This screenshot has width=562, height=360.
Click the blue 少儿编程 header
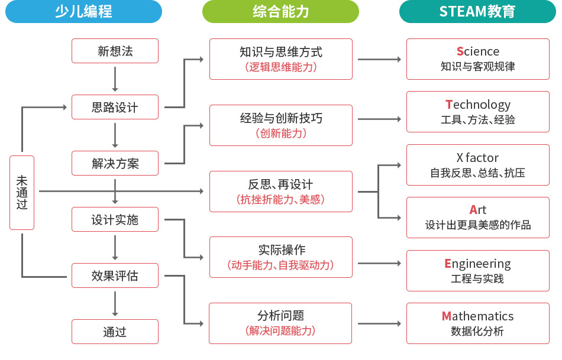pyautogui.click(x=83, y=11)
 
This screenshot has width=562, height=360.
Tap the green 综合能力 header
pyautogui.click(x=280, y=11)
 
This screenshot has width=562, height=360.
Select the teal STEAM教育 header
pyautogui.click(x=477, y=11)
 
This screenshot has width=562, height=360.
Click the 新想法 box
pyautogui.click(x=115, y=51)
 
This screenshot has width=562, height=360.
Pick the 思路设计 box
pyautogui.click(x=115, y=107)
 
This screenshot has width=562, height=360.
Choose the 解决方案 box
pyautogui.click(x=115, y=163)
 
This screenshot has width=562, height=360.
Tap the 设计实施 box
pyautogui.click(x=115, y=219)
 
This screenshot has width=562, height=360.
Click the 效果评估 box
pyautogui.click(x=115, y=275)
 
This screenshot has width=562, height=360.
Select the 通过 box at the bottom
pyautogui.click(x=115, y=332)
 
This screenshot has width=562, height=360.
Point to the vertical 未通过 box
pyautogui.click(x=22, y=192)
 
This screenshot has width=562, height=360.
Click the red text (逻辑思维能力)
pyautogui.click(x=280, y=67)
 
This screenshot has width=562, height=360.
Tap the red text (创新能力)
pyautogui.click(x=280, y=133)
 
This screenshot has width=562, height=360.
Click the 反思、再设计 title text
pyautogui.click(x=280, y=184)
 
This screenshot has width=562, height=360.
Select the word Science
pyautogui.click(x=477, y=51)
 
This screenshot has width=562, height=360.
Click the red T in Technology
pyautogui.click(x=448, y=105)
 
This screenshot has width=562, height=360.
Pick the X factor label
pyautogui.click(x=477, y=158)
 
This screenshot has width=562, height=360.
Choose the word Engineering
pyautogui.click(x=477, y=263)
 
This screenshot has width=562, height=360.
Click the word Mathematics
pyautogui.click(x=477, y=316)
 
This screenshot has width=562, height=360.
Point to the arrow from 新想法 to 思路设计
pyautogui.click(x=115, y=78)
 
